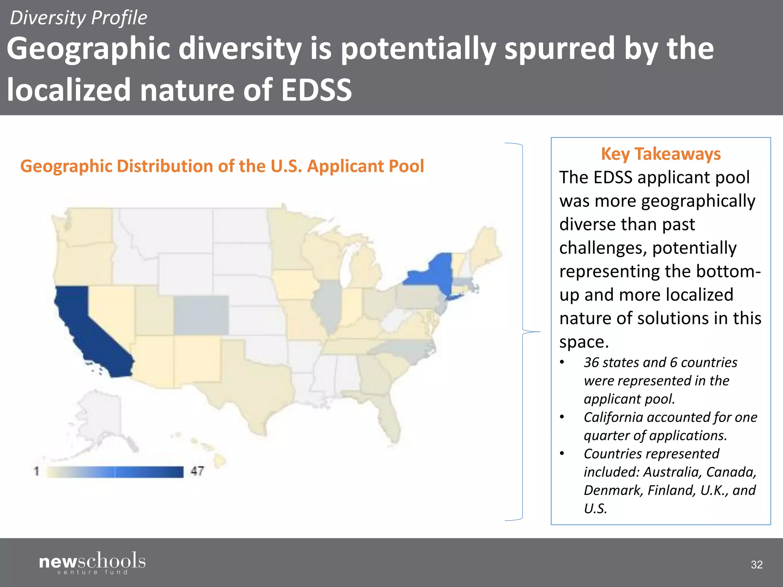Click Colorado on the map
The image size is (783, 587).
tap(201, 315)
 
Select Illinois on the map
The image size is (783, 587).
tap(328, 306)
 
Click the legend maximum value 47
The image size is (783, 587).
tap(197, 471)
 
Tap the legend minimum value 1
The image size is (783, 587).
tap(37, 471)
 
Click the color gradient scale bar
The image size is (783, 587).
tap(115, 472)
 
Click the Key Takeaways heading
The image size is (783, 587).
tap(661, 154)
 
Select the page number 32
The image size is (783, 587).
tap(757, 564)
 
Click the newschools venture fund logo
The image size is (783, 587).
tap(92, 563)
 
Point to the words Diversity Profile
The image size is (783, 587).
tap(78, 18)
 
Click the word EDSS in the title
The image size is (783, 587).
tap(316, 90)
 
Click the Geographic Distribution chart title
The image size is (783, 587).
tap(222, 166)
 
